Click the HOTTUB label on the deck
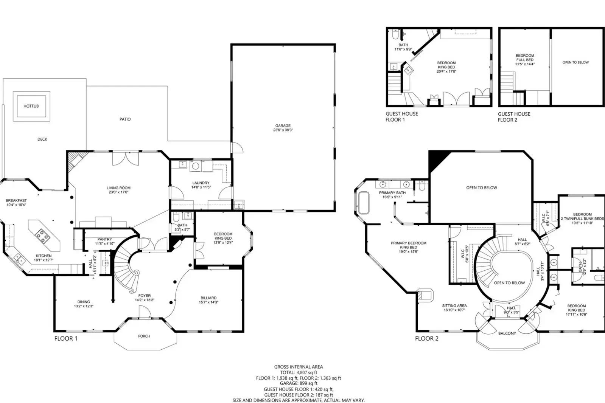(31, 106)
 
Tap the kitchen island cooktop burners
(42, 237)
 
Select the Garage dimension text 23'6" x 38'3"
(283, 130)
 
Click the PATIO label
(125, 119)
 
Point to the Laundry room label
(201, 183)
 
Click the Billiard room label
(208, 298)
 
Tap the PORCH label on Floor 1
(144, 336)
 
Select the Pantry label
(104, 239)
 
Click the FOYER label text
(144, 296)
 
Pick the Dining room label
(84, 302)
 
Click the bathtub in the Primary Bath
(364, 203)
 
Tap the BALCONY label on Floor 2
(507, 333)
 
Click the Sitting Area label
(454, 305)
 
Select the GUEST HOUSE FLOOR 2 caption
(513, 117)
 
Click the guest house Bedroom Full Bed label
(525, 57)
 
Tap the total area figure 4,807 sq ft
(306, 372)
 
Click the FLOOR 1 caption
(66, 338)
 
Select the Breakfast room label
(16, 201)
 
